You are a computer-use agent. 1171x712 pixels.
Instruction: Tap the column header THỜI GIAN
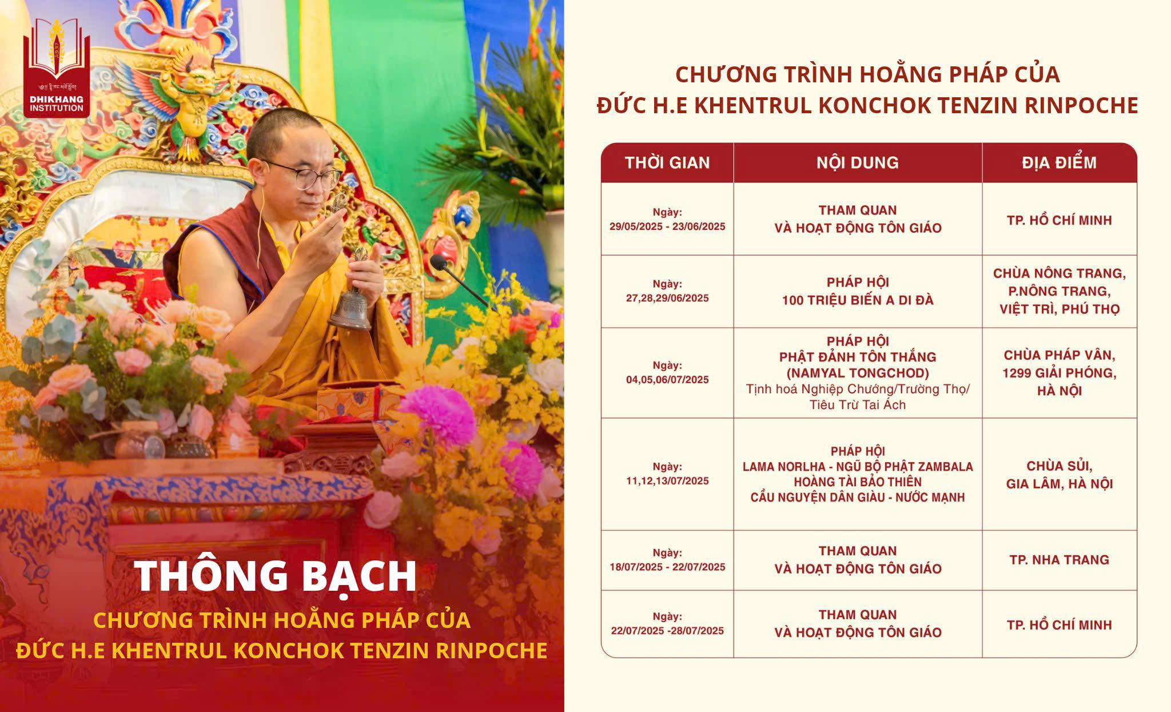click(x=667, y=163)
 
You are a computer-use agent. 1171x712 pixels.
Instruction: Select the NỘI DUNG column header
click(x=858, y=163)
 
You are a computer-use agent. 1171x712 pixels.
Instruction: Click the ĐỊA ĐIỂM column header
click(x=1060, y=163)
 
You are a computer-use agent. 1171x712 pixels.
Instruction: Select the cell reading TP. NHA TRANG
click(x=1060, y=560)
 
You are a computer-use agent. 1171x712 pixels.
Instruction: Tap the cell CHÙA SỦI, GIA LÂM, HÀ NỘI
click(x=1060, y=475)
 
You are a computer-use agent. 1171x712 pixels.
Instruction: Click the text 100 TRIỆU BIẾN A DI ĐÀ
click(x=858, y=300)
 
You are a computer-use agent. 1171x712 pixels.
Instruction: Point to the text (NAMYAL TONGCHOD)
click(x=858, y=373)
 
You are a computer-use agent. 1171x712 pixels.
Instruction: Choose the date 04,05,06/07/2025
click(x=667, y=380)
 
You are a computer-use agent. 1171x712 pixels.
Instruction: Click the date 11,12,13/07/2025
click(x=667, y=481)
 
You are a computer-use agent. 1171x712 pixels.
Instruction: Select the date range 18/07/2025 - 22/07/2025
click(x=667, y=567)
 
